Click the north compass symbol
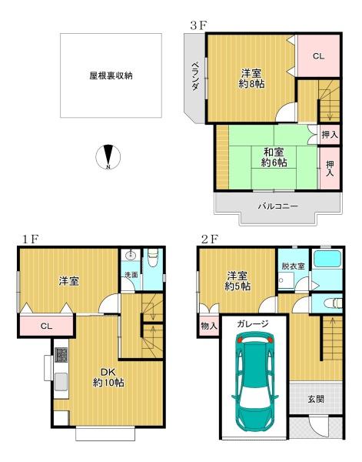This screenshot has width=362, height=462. (x=108, y=157)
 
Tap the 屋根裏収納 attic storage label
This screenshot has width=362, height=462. (x=111, y=75)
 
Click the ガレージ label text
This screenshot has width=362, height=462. (x=253, y=324)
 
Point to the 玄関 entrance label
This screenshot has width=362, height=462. (x=316, y=399)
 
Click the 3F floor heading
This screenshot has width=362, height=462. (x=199, y=26)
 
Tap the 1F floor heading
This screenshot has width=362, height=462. (x=30, y=239)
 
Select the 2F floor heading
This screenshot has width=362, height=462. (x=209, y=239)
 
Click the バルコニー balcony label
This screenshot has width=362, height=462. (x=278, y=206)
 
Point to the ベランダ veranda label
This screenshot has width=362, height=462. (x=194, y=76)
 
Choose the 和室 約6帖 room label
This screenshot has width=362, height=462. (x=274, y=157)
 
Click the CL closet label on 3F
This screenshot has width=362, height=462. (x=318, y=56)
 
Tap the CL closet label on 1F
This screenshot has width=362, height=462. (x=46, y=326)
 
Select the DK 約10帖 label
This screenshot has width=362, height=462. (x=108, y=377)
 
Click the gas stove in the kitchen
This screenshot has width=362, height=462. (x=61, y=355)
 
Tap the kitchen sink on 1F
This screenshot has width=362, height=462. (x=61, y=381)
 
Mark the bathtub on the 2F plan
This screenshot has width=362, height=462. (x=327, y=259)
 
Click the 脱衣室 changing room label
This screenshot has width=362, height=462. (x=293, y=266)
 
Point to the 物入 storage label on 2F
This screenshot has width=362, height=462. (x=209, y=326)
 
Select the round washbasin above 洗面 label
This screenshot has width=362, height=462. (x=131, y=255)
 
